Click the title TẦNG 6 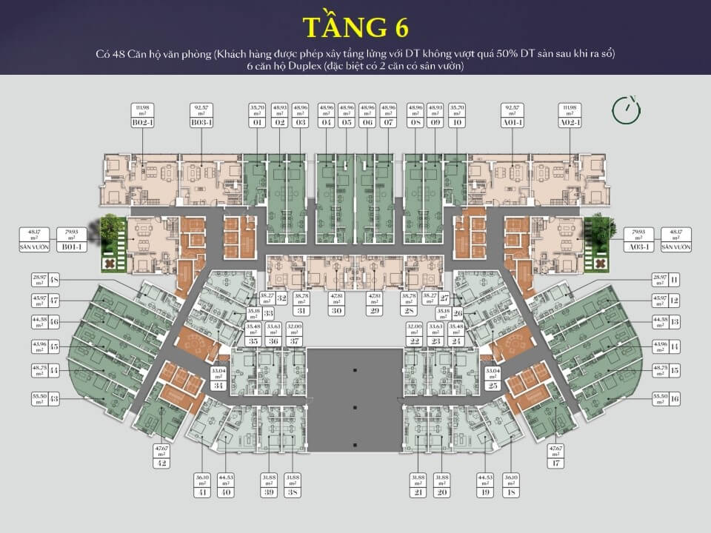(355, 27)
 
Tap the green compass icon (626, 108)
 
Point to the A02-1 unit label (569, 123)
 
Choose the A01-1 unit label (511, 123)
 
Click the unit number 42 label (161, 463)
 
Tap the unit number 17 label (555, 463)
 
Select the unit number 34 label (218, 386)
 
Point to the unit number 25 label (492, 386)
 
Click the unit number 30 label (337, 311)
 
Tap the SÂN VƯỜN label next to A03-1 (675, 247)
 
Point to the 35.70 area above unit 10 (458, 107)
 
